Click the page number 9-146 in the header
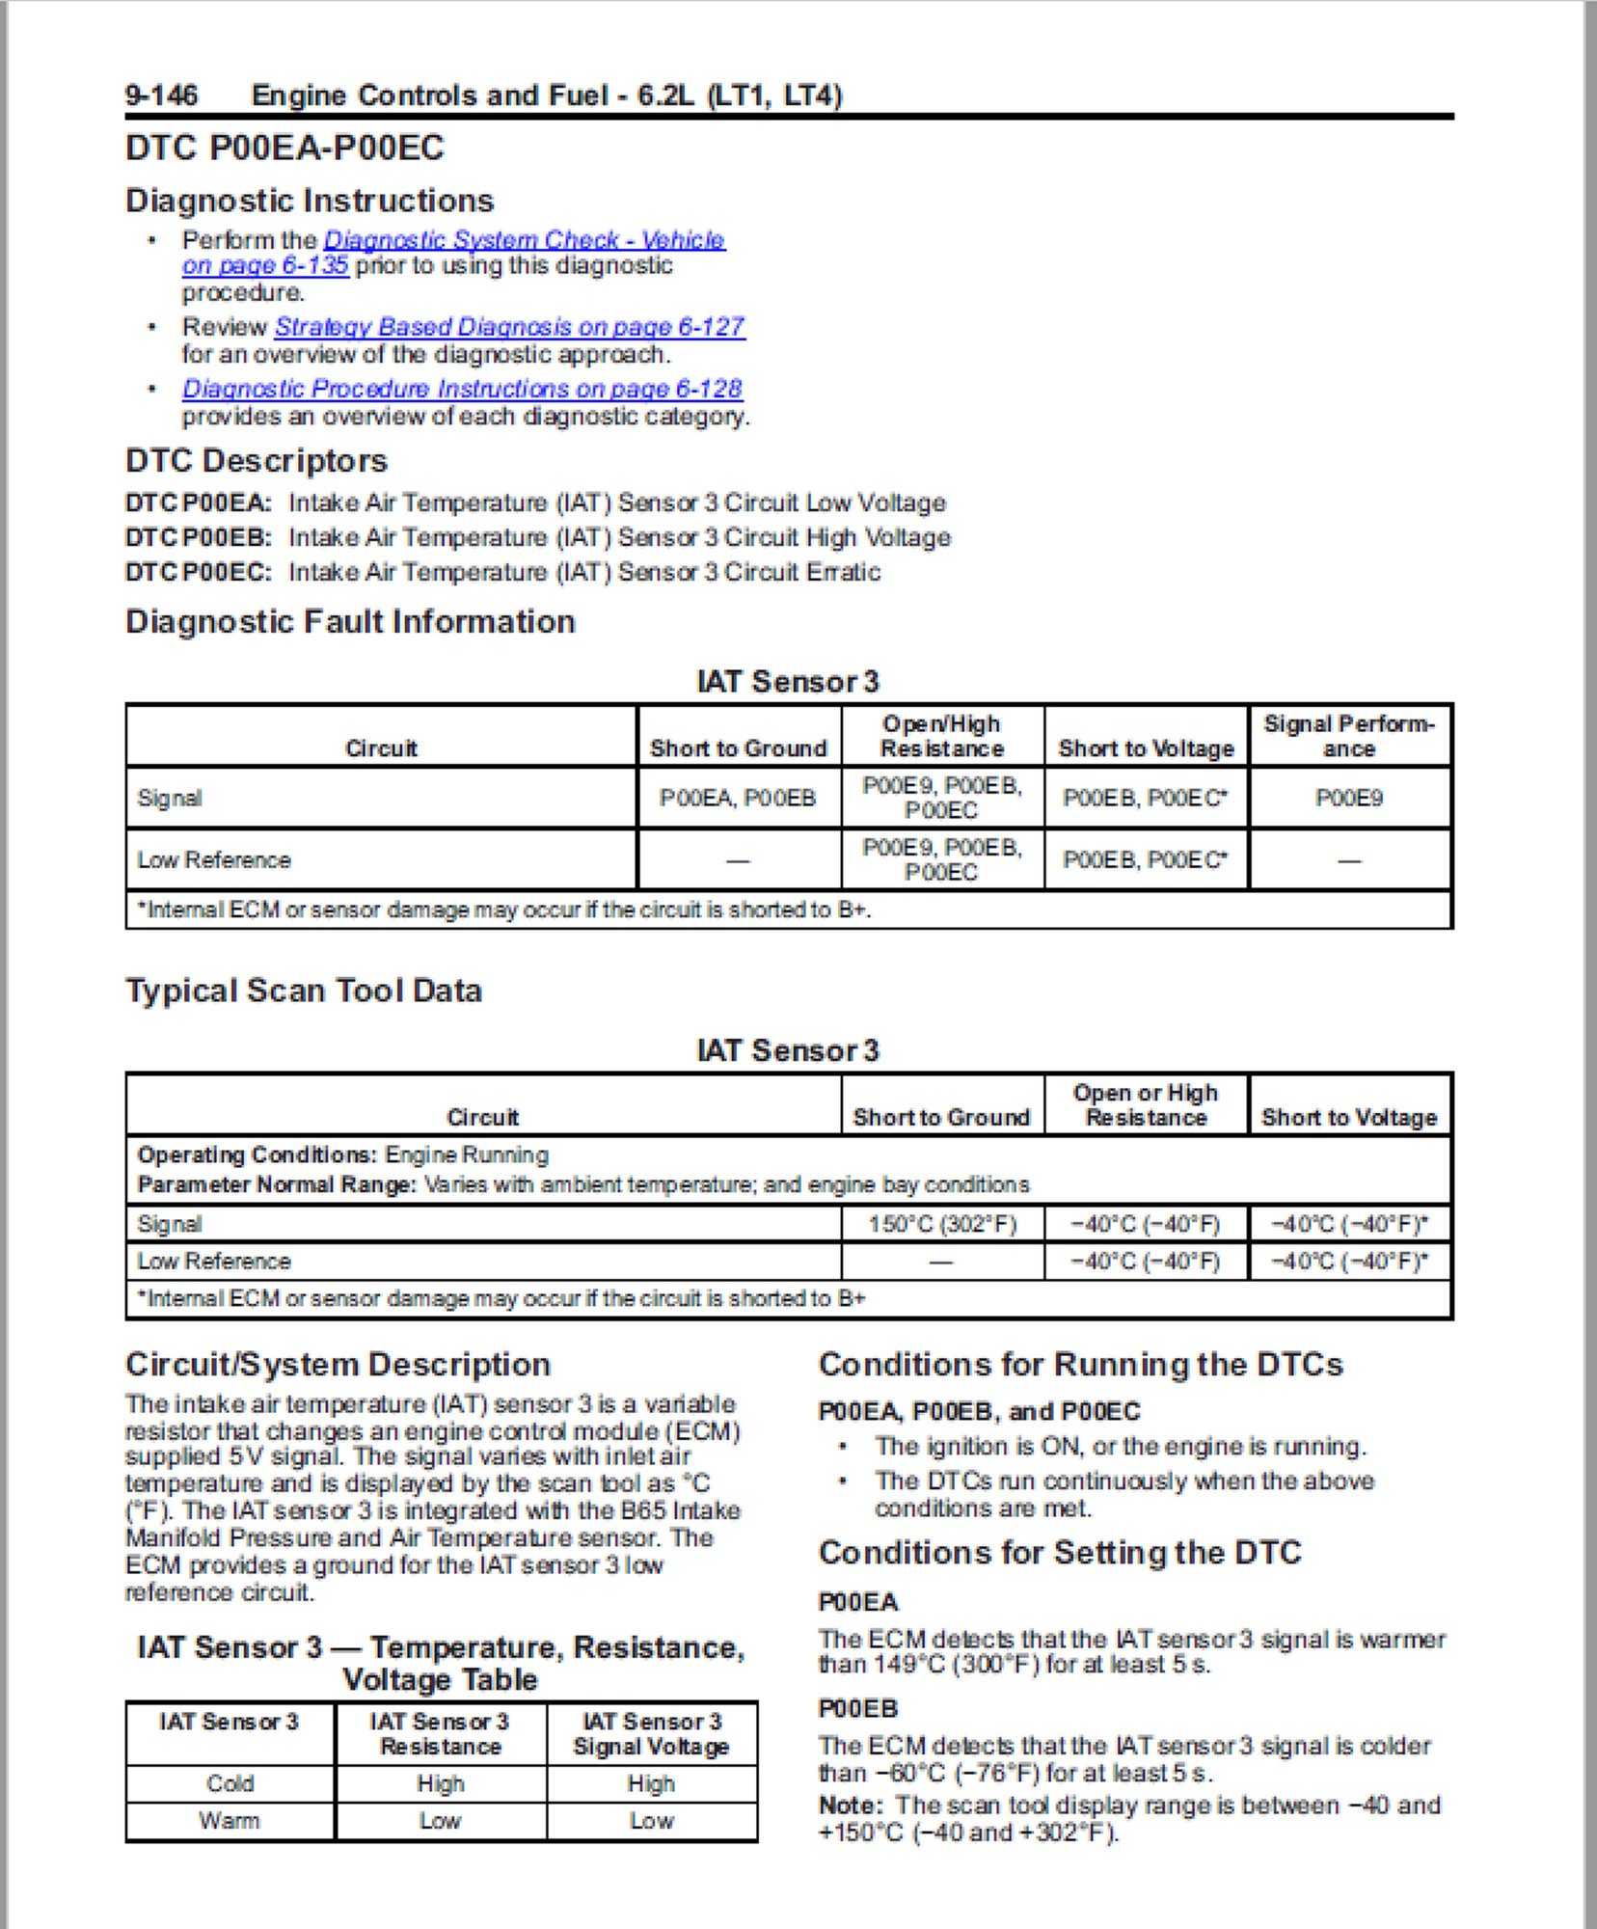(161, 95)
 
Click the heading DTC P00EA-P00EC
(284, 148)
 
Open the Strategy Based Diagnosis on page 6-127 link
(509, 327)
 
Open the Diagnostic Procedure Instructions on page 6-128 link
(462, 389)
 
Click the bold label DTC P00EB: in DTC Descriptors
(199, 537)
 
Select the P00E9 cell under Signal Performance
(1348, 798)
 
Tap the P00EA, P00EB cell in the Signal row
(738, 798)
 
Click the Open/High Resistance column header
(941, 736)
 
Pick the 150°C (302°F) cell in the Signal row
(941, 1224)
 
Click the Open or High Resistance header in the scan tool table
(1145, 1105)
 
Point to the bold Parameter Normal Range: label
(277, 1184)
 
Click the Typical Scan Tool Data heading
(304, 991)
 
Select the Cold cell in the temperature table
(230, 1783)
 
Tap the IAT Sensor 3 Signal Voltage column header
(651, 1733)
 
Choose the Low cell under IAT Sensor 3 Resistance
(440, 1821)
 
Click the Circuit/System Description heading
(338, 1364)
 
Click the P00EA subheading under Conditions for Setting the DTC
(857, 1602)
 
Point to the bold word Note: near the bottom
(850, 1805)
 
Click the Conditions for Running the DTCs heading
(1080, 1364)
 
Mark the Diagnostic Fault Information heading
(350, 621)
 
